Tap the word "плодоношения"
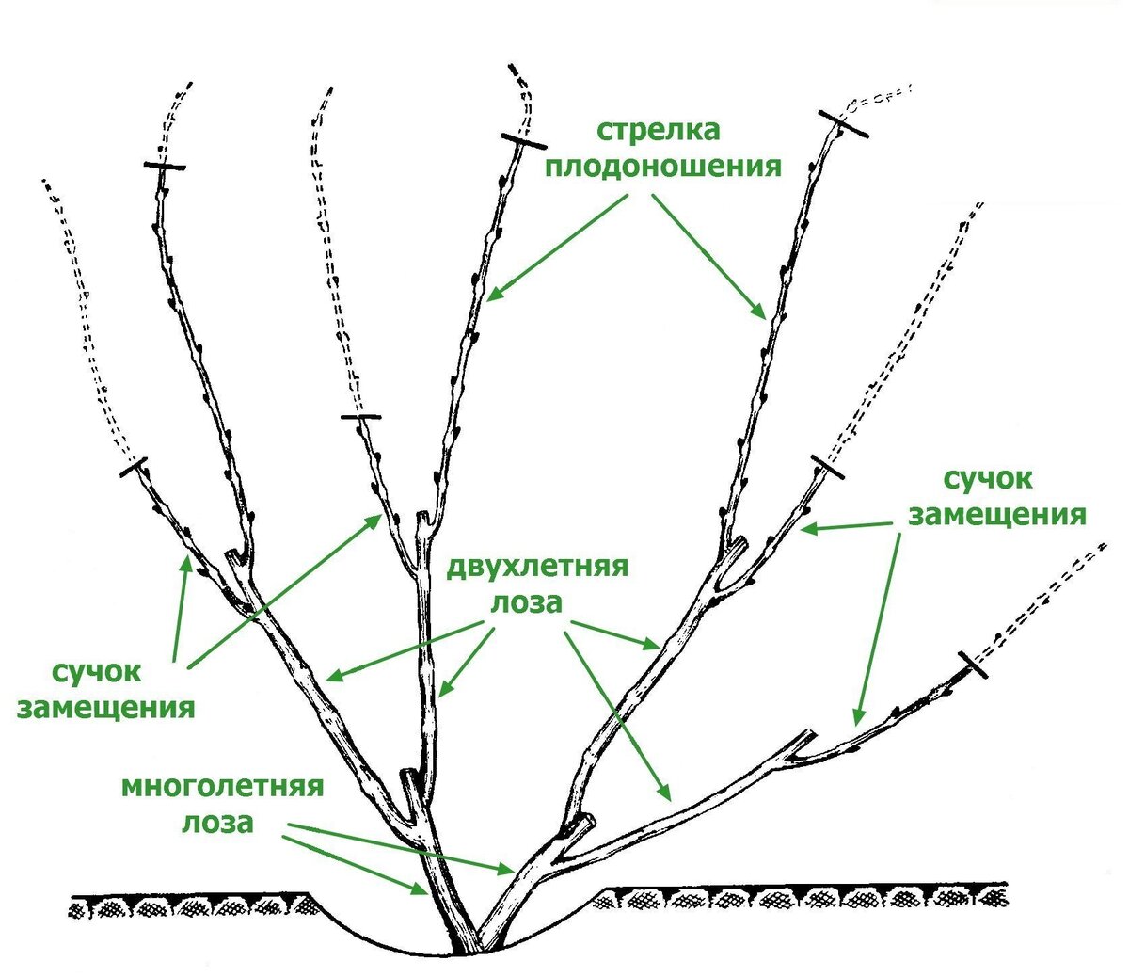click(x=664, y=167)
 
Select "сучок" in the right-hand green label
click(x=988, y=479)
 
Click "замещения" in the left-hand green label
click(x=105, y=708)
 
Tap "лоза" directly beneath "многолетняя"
click(x=218, y=823)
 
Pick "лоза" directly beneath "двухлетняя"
click(x=525, y=603)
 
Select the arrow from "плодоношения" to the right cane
click(x=708, y=256)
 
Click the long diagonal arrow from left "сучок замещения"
click(x=282, y=593)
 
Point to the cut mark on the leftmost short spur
click(x=135, y=467)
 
